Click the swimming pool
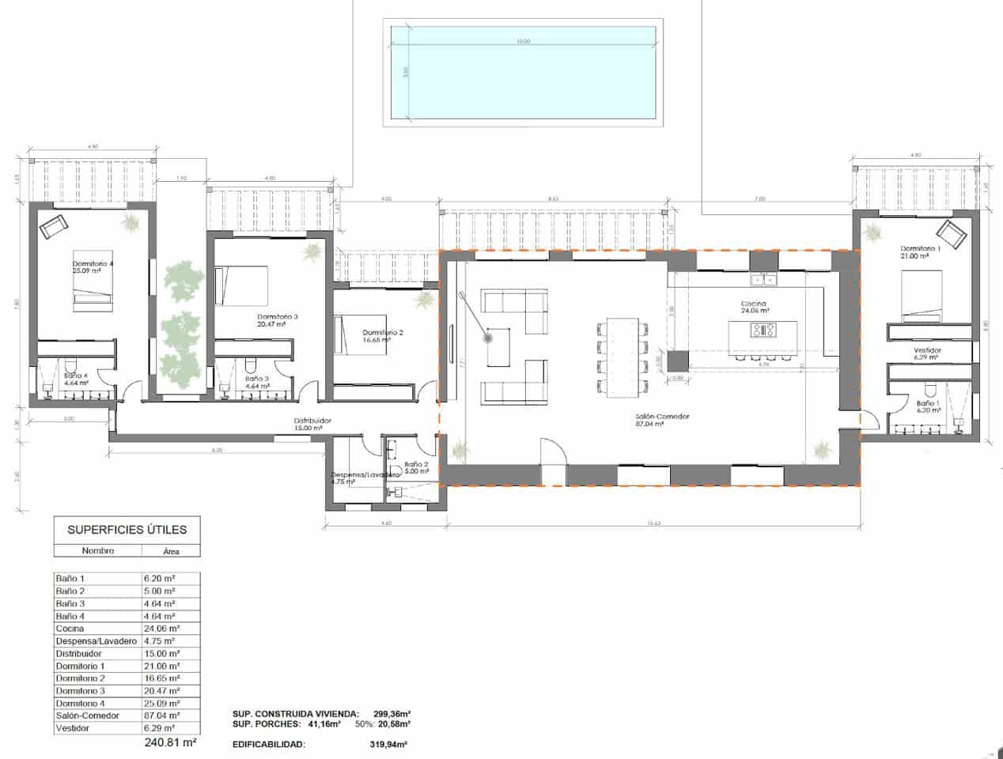pos(522,73)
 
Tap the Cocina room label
pos(754,304)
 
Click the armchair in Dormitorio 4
pos(54,227)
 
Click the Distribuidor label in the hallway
pos(312,421)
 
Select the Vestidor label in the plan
pos(927,350)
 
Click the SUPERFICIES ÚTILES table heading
pos(127,530)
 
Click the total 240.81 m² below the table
pos(170,743)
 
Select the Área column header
pos(171,550)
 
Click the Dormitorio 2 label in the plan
pos(383,333)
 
